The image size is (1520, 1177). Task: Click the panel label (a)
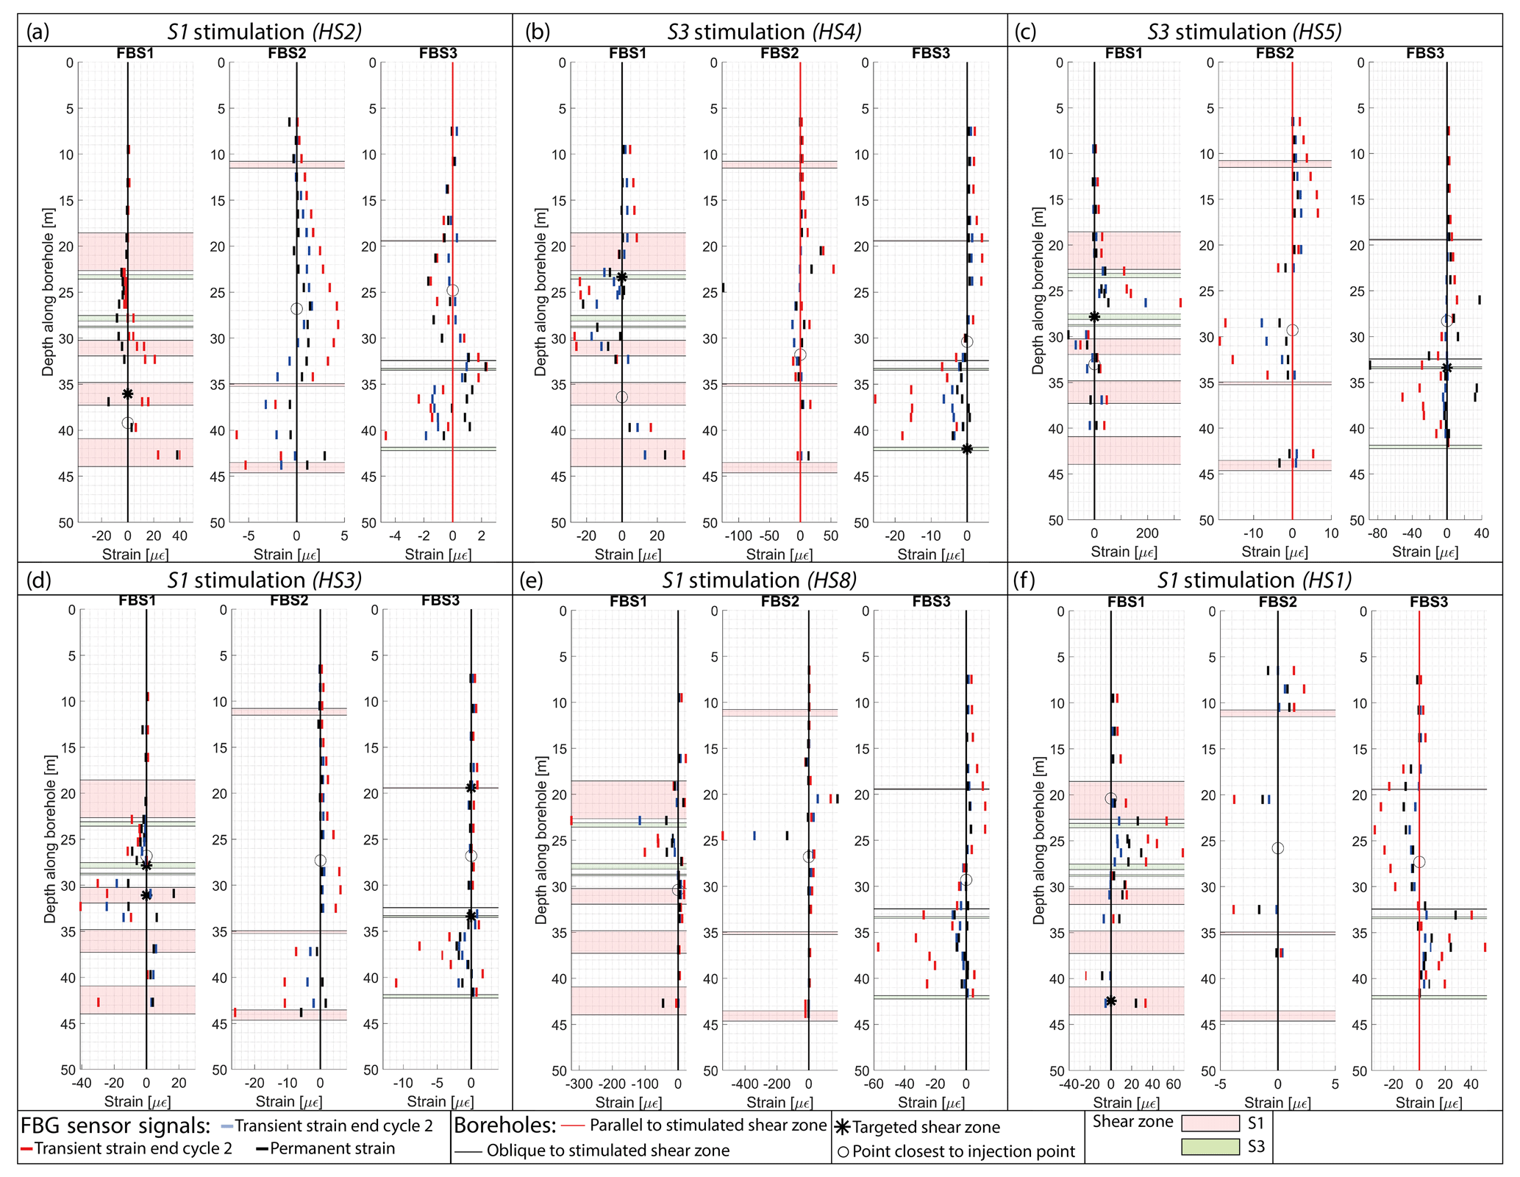[38, 32]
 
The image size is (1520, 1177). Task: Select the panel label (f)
[1024, 580]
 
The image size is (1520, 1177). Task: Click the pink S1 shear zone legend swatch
[1210, 1123]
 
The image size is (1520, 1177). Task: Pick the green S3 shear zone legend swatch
[1210, 1146]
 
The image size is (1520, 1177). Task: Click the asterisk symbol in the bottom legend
[843, 1127]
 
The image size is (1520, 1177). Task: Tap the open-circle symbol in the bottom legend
[843, 1151]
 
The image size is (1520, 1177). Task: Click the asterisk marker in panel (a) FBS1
[128, 394]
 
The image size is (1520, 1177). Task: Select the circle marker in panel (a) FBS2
[296, 309]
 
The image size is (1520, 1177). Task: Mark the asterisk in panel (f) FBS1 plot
[1110, 1001]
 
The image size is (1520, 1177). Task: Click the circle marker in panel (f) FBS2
[1278, 848]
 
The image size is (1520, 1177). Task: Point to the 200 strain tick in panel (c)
[1147, 533]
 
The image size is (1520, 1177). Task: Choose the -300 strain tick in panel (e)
[578, 1084]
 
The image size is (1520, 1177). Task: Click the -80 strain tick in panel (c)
[1377, 533]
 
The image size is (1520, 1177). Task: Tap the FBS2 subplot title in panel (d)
[289, 600]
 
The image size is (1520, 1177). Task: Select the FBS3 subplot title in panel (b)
[931, 53]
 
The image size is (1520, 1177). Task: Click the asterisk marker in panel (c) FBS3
[1446, 369]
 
